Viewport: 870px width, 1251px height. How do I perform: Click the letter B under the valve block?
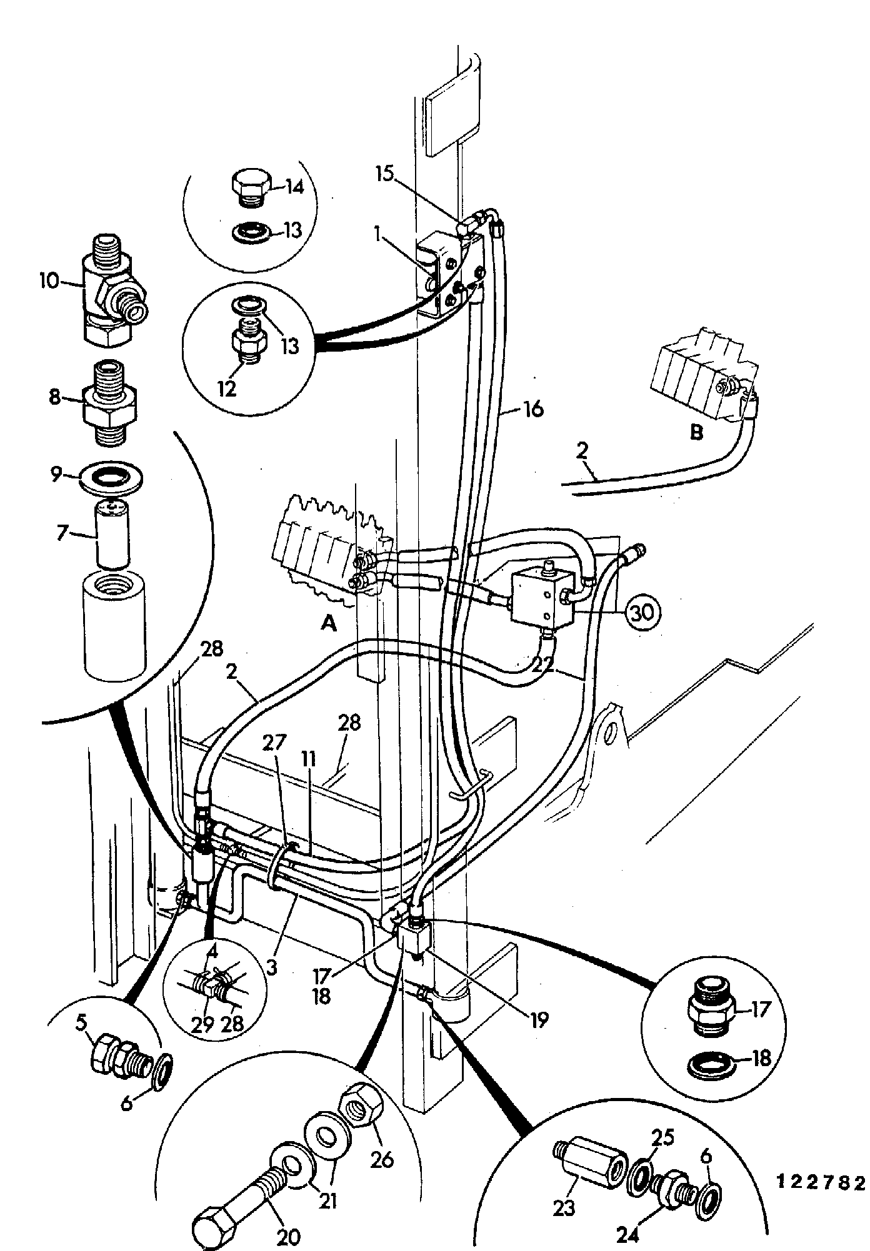[x=696, y=433]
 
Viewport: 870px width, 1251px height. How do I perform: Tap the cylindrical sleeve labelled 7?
[x=113, y=535]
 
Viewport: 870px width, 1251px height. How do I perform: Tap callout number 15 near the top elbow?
[x=386, y=172]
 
